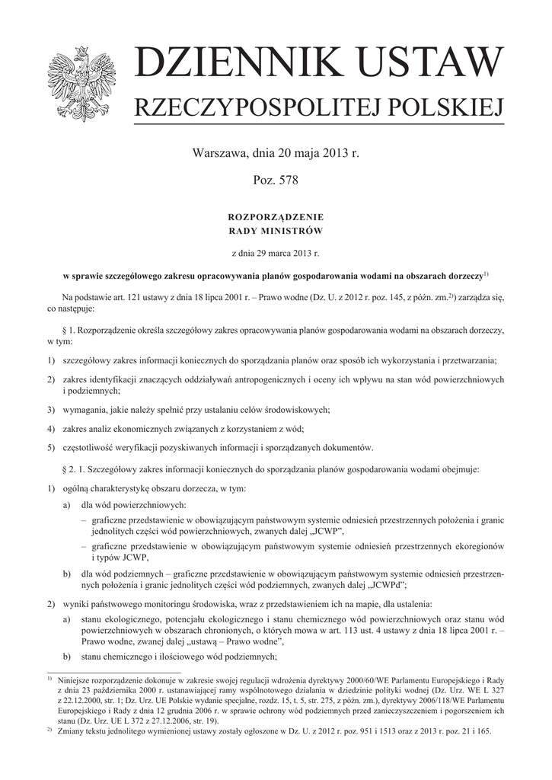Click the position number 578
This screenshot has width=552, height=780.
click(x=287, y=181)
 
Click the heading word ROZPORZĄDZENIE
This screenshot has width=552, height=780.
click(x=276, y=218)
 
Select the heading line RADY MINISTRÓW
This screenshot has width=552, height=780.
click(x=276, y=230)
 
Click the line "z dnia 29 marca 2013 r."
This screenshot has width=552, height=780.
click(x=276, y=251)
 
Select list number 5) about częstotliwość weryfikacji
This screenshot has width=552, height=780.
click(x=50, y=447)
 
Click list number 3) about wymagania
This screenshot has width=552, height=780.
click(x=50, y=409)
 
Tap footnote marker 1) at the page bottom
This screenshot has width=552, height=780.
click(x=49, y=677)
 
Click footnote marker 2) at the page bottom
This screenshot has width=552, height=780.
click(x=49, y=729)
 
